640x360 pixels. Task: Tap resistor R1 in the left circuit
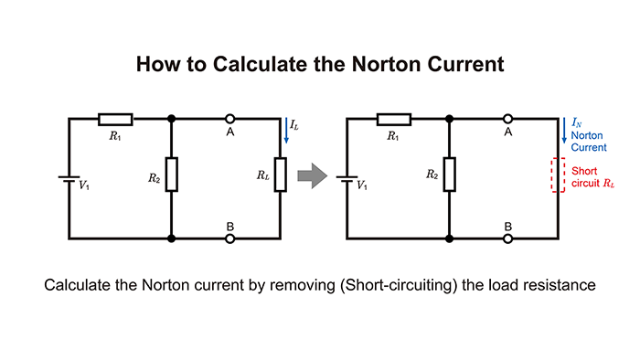(115, 119)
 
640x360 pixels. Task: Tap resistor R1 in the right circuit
(392, 119)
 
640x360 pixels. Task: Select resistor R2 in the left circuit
(172, 174)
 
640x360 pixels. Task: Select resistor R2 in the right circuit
(448, 174)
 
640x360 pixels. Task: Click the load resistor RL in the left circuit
(282, 174)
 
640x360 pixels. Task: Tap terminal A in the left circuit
(230, 119)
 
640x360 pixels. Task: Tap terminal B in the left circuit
(230, 238)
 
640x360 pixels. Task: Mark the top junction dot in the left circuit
(172, 119)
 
